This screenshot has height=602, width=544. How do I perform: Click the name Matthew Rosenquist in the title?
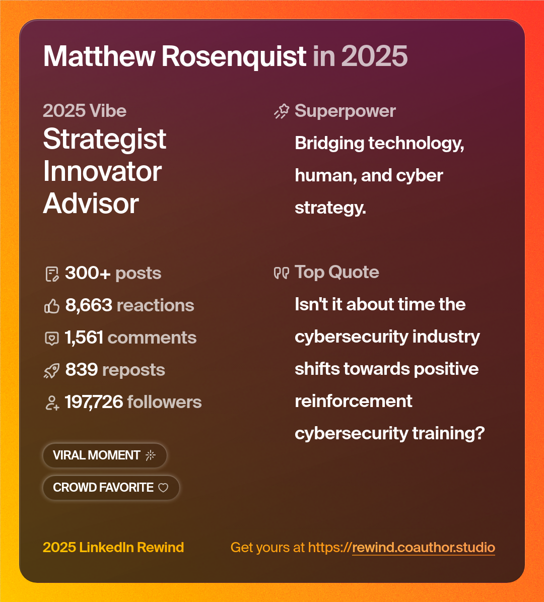(x=174, y=56)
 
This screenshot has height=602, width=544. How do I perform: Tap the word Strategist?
(x=104, y=139)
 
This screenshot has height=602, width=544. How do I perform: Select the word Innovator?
(x=102, y=171)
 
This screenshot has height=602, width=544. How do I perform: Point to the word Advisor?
(x=91, y=204)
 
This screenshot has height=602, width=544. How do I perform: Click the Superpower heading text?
(x=345, y=111)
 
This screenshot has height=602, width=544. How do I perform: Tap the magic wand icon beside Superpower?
(x=281, y=111)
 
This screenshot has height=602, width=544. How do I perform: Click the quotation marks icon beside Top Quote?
(x=281, y=273)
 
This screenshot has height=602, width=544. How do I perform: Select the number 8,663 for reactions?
(x=89, y=305)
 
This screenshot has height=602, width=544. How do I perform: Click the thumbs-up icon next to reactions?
(x=52, y=306)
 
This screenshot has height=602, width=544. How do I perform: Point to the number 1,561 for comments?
(x=84, y=338)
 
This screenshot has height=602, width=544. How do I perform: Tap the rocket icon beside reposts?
(x=52, y=371)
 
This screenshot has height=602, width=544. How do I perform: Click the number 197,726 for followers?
(x=94, y=402)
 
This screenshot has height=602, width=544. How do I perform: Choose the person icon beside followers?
(x=52, y=403)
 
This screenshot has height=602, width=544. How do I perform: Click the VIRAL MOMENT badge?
(x=104, y=455)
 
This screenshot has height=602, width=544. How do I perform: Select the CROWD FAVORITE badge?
(x=110, y=488)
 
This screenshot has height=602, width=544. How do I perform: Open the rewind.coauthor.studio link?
(x=423, y=548)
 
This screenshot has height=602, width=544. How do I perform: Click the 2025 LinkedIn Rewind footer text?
(x=113, y=548)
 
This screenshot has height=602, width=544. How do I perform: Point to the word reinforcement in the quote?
(x=353, y=401)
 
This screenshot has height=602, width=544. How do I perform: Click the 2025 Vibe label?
(x=85, y=111)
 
